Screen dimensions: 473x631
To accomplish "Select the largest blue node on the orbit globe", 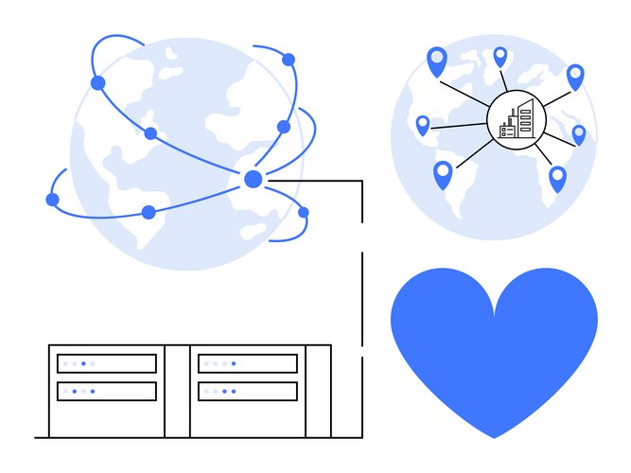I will (x=253, y=179).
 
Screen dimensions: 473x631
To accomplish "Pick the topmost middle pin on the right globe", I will (x=500, y=56).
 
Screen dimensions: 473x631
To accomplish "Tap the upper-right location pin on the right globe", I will (x=575, y=76).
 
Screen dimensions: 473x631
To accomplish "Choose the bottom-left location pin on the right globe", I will (x=443, y=173).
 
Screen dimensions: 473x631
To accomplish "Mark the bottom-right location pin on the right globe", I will (x=557, y=178).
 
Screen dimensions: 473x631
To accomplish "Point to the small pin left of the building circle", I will (x=423, y=125).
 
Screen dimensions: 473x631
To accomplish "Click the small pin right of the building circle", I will (x=579, y=134).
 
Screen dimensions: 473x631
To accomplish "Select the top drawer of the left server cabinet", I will (x=107, y=363).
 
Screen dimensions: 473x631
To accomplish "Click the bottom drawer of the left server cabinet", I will (x=107, y=391).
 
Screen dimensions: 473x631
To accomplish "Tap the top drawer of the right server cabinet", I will (x=248, y=363).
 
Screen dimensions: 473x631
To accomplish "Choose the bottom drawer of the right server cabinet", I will (x=248, y=391).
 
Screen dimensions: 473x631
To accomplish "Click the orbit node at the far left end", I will (x=52, y=200).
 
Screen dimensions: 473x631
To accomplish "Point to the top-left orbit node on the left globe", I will (x=98, y=82).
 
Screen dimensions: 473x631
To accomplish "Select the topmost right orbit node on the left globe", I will (x=289, y=60).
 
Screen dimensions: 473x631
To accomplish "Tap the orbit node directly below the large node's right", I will (x=303, y=212).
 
